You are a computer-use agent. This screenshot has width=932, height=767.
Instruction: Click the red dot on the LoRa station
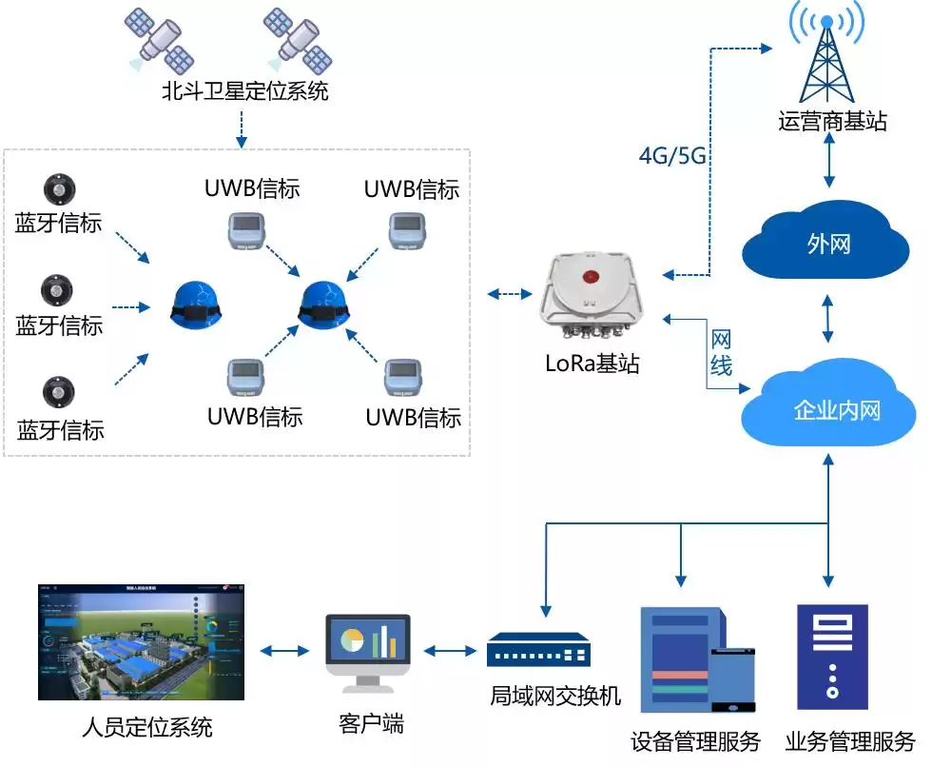pyautogui.click(x=592, y=279)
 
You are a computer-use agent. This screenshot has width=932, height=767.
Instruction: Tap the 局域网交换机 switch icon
pyautogui.click(x=538, y=652)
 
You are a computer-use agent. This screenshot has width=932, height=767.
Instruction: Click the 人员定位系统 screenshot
pyautogui.click(x=140, y=641)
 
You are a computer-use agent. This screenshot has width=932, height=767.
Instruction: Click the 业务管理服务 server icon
pyautogui.click(x=831, y=657)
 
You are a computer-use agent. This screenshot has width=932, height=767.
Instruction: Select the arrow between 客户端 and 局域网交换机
pyautogui.click(x=449, y=652)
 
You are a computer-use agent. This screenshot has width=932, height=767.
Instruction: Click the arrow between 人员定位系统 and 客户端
pyautogui.click(x=284, y=652)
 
